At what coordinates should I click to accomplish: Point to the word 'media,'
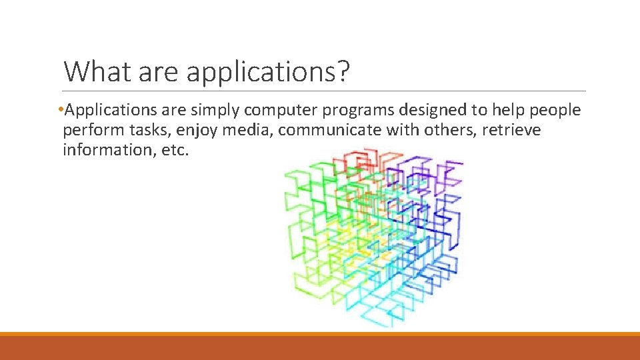[248, 130]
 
